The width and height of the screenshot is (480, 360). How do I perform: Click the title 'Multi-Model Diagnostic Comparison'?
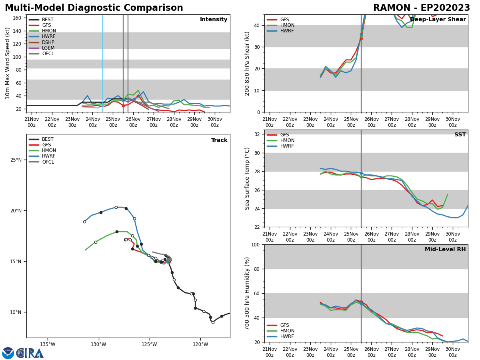[94, 8]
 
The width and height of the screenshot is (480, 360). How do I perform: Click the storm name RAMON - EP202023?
[421, 8]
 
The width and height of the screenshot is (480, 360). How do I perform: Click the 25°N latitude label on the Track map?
[16, 160]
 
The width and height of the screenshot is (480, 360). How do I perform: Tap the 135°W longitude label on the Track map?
[48, 344]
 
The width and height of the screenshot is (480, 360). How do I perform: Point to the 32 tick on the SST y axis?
[257, 134]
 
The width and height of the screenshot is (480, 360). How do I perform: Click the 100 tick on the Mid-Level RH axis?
[256, 244]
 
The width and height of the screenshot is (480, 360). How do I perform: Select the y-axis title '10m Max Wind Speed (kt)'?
[8, 63]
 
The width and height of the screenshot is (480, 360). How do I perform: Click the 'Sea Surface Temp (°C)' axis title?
[247, 178]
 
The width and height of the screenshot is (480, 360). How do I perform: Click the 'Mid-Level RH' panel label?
[445, 250]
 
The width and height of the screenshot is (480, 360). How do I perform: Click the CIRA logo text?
[30, 353]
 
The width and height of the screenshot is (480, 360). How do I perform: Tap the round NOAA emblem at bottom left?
[8, 353]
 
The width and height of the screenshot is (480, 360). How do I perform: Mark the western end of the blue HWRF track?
[84, 222]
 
